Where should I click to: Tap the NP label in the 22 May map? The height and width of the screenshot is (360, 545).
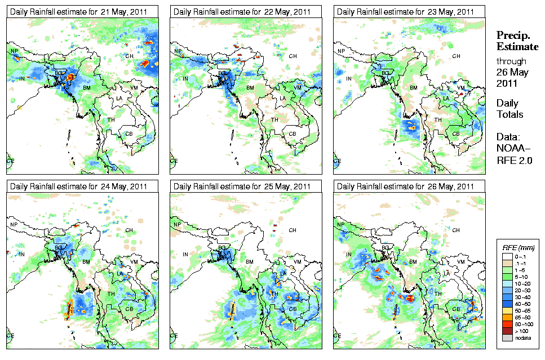[x=178, y=51]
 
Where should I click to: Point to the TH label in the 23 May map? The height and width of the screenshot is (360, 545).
[x=438, y=120]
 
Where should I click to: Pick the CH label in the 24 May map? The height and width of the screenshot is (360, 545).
[x=129, y=230]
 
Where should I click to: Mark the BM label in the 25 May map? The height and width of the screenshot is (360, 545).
[x=250, y=262]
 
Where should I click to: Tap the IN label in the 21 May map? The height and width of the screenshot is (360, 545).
[x=23, y=78]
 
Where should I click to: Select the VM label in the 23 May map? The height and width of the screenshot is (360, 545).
[x=460, y=87]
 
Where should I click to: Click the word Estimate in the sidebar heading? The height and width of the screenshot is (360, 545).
[x=517, y=46]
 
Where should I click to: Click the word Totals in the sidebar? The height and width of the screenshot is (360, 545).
[x=509, y=114]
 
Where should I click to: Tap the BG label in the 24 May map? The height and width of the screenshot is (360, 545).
[x=57, y=247]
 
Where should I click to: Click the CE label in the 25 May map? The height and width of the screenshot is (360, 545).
[x=173, y=335]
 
